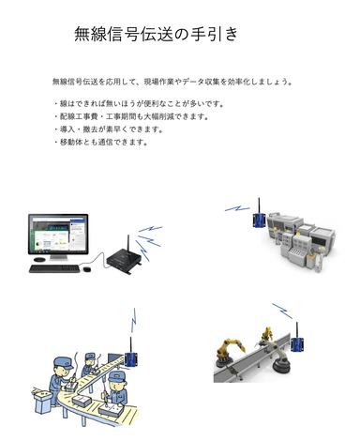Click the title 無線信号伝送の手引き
pyautogui.click(x=157, y=36)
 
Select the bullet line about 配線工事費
pyautogui.click(x=130, y=116)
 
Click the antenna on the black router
pyautogui.click(x=134, y=236)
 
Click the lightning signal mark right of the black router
pyautogui.click(x=150, y=229)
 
